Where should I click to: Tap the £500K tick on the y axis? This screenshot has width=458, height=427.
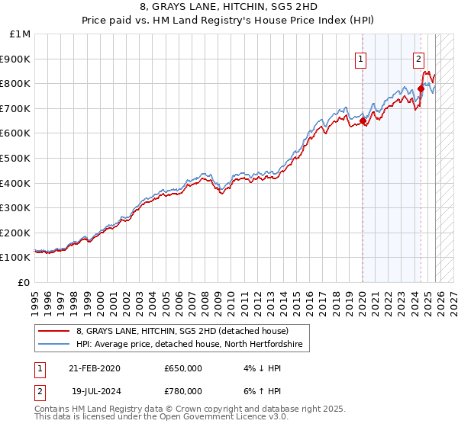point(15,158)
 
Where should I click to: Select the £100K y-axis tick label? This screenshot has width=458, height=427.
point(15,258)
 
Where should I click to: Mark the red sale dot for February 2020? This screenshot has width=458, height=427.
point(363,120)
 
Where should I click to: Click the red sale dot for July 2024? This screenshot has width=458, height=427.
point(421,88)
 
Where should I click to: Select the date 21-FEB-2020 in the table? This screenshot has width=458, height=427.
point(94,368)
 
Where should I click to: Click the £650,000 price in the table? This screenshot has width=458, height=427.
point(183,368)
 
